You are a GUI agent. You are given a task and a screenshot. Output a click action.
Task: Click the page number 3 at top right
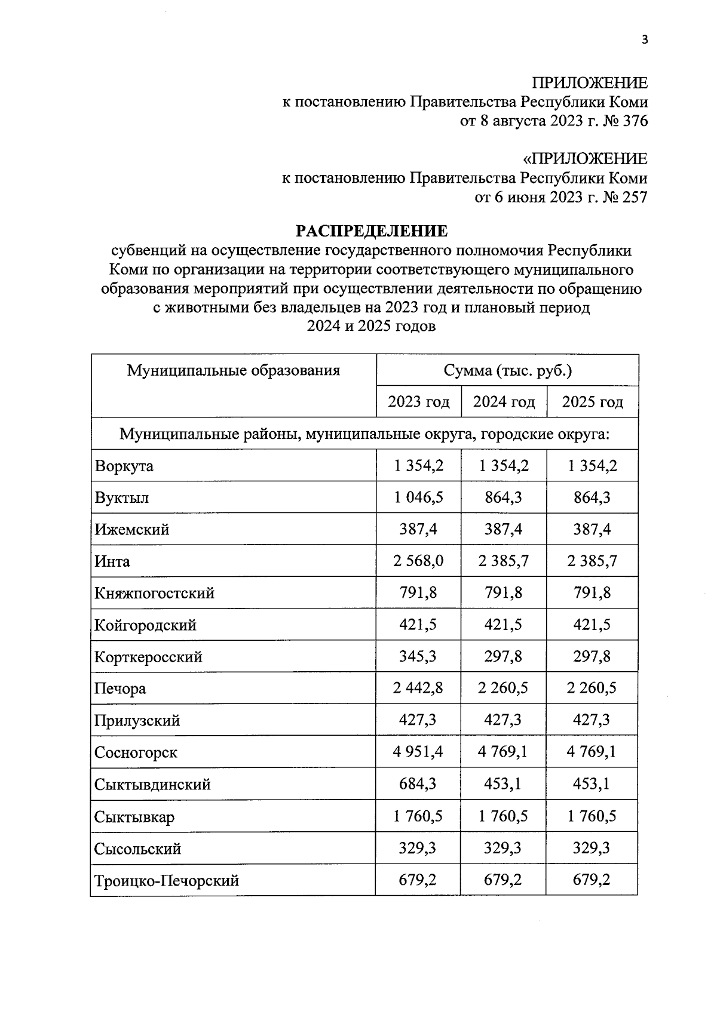pos(644,40)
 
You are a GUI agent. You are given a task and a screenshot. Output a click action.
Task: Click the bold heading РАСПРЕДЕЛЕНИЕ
pos(372,231)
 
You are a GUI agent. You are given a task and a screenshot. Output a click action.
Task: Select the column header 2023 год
pos(418,402)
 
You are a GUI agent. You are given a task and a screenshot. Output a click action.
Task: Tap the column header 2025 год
pos(592,402)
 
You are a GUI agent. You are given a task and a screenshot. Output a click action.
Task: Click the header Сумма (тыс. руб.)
pos(507,370)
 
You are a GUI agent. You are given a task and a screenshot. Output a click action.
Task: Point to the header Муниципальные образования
pos(233,370)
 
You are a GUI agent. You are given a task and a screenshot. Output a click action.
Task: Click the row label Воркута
pos(124,466)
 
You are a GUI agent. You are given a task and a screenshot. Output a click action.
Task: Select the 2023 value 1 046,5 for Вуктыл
pos(418,497)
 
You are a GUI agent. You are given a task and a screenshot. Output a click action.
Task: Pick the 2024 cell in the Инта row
pos(504,561)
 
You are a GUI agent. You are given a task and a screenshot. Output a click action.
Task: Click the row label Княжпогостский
pos(154,593)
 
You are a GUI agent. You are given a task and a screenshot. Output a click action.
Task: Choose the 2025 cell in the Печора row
pos(592,688)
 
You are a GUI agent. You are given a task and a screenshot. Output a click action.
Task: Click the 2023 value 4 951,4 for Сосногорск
pos(418,752)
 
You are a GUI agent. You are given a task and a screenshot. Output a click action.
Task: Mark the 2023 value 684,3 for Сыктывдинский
pos(418,783)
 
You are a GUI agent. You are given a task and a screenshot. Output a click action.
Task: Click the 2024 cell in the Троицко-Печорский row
pos(503,880)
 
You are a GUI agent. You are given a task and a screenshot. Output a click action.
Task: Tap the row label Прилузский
pos(137,720)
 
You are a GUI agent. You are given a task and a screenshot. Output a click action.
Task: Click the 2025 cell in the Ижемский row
pos(592,529)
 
